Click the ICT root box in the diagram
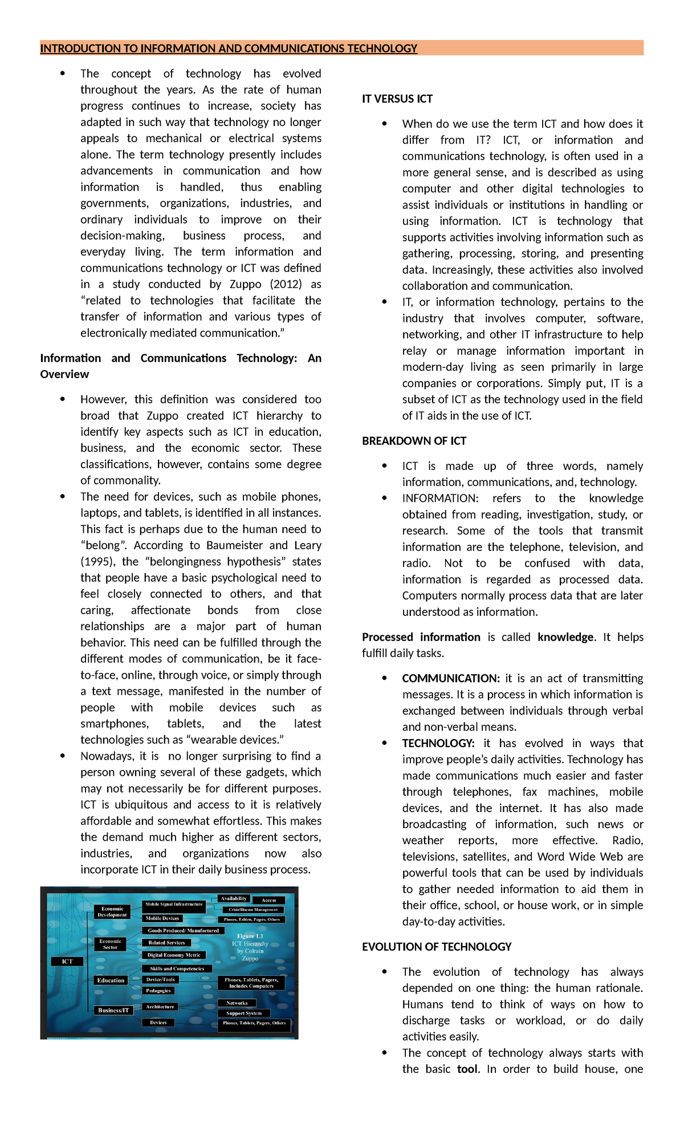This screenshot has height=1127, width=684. point(67,961)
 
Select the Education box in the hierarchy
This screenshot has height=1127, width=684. point(111,980)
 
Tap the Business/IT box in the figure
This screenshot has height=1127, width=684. point(113,1010)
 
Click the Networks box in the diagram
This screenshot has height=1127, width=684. point(237,1003)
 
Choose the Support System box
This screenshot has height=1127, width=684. point(243,1013)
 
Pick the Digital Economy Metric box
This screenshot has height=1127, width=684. point(173,955)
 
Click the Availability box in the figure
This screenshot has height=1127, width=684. point(234,898)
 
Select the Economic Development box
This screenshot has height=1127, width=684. point(112,911)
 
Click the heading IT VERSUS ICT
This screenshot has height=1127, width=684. point(397,99)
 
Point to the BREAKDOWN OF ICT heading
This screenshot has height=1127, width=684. point(414,441)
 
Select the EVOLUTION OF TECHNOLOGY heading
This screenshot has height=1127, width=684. point(437,947)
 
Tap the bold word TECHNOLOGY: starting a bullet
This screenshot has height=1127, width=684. point(438,743)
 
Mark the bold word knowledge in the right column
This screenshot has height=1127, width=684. point(565,637)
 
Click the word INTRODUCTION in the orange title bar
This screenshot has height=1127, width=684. point(79,48)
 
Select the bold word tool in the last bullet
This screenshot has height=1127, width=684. point(467,1069)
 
